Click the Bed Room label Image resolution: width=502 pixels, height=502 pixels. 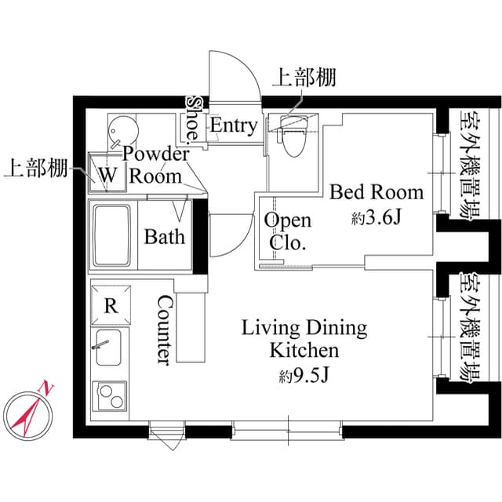point(376,192)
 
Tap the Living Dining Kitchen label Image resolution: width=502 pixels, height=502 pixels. point(304,338)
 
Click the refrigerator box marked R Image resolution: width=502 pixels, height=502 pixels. point(111,305)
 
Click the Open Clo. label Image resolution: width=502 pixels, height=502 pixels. point(287,231)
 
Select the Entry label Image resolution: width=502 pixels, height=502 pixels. point(233,125)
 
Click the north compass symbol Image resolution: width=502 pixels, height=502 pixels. point(29,411)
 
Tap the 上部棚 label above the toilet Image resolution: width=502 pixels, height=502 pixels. point(304,77)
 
